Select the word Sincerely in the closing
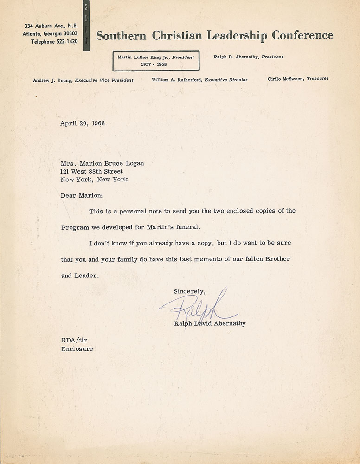[189, 291]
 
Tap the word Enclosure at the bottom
[77, 349]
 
